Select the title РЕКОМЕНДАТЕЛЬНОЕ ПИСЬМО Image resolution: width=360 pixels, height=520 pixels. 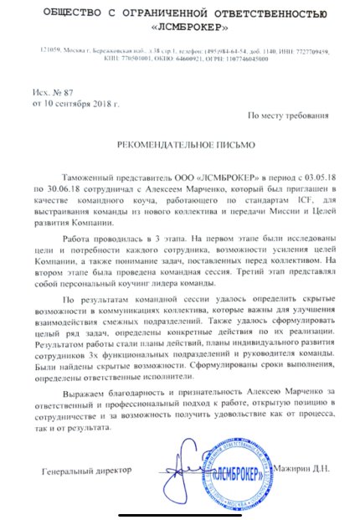point(181,145)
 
